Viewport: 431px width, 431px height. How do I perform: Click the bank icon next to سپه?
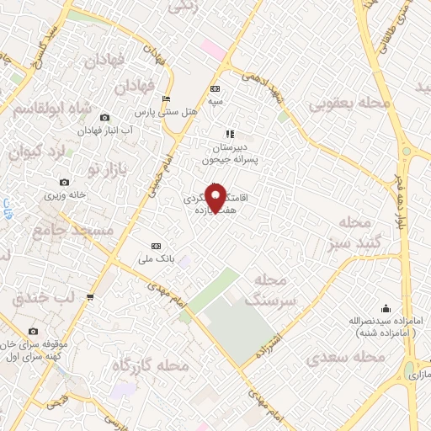214,89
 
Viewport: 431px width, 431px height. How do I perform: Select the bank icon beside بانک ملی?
153,245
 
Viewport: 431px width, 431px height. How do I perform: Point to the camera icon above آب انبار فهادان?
104,118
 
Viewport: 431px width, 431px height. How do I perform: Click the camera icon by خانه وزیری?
65,182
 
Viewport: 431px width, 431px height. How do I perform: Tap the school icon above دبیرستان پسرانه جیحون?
228,133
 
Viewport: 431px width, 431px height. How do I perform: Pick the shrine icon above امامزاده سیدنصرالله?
386,308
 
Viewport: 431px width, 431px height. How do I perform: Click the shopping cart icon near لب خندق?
89,296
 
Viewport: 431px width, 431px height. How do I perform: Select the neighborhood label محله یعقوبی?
350,104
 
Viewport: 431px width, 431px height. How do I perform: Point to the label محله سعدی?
344,358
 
